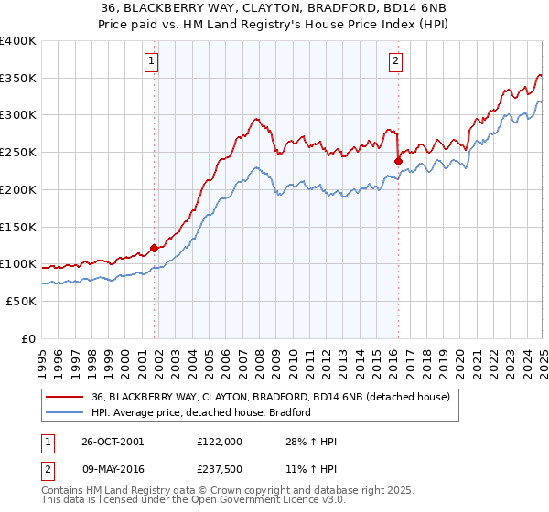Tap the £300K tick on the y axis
click(18, 115)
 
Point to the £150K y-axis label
click(18, 227)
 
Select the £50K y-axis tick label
click(22, 301)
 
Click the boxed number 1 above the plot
click(150, 62)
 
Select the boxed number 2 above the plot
click(396, 62)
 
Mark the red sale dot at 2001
click(154, 247)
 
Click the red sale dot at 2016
click(398, 162)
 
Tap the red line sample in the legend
click(64, 398)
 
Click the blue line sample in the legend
click(64, 412)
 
